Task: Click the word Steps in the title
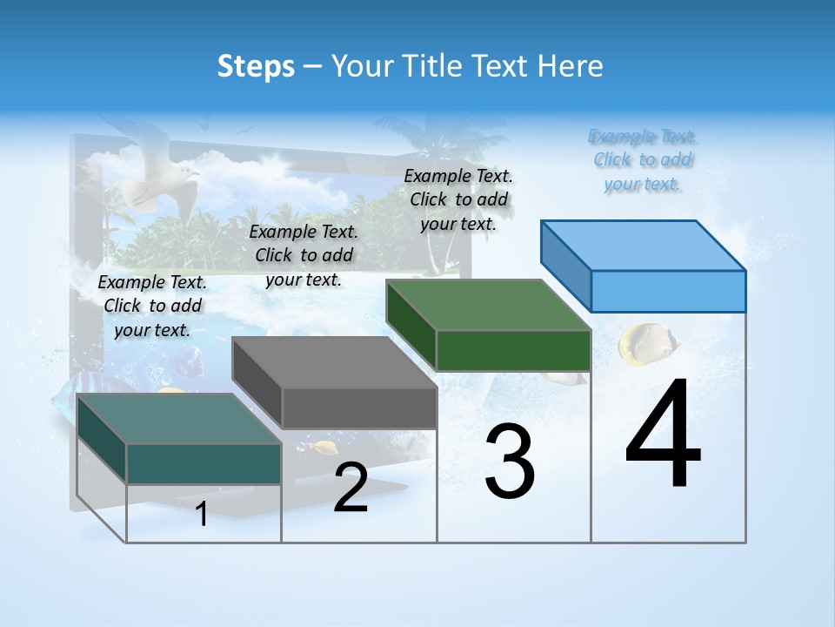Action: pos(256,66)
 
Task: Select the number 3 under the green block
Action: pos(510,462)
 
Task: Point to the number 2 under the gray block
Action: pos(351,488)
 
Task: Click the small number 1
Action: pos(202,514)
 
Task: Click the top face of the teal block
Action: pos(178,418)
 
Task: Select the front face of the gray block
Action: pos(359,408)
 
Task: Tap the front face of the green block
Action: pos(513,350)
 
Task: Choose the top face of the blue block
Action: pos(644,245)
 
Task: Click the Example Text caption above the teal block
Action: pos(152,306)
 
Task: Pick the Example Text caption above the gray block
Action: pos(304,255)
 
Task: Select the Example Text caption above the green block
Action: pos(458,199)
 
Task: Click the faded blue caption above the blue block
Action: pos(643,160)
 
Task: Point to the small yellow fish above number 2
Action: pos(325,448)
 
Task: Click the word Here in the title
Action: pos(570,66)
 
